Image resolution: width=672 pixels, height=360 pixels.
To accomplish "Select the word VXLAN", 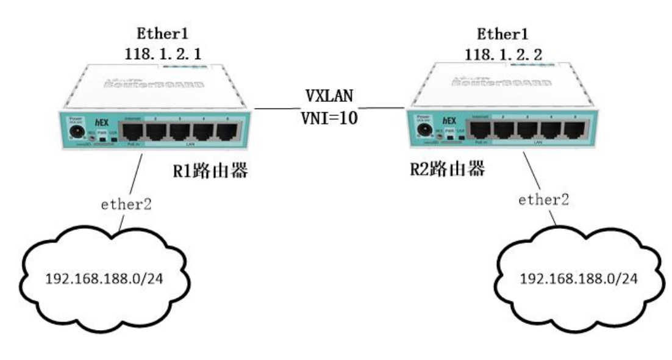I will coord(330,98).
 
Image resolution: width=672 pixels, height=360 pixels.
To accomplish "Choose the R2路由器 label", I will coord(448,169).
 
